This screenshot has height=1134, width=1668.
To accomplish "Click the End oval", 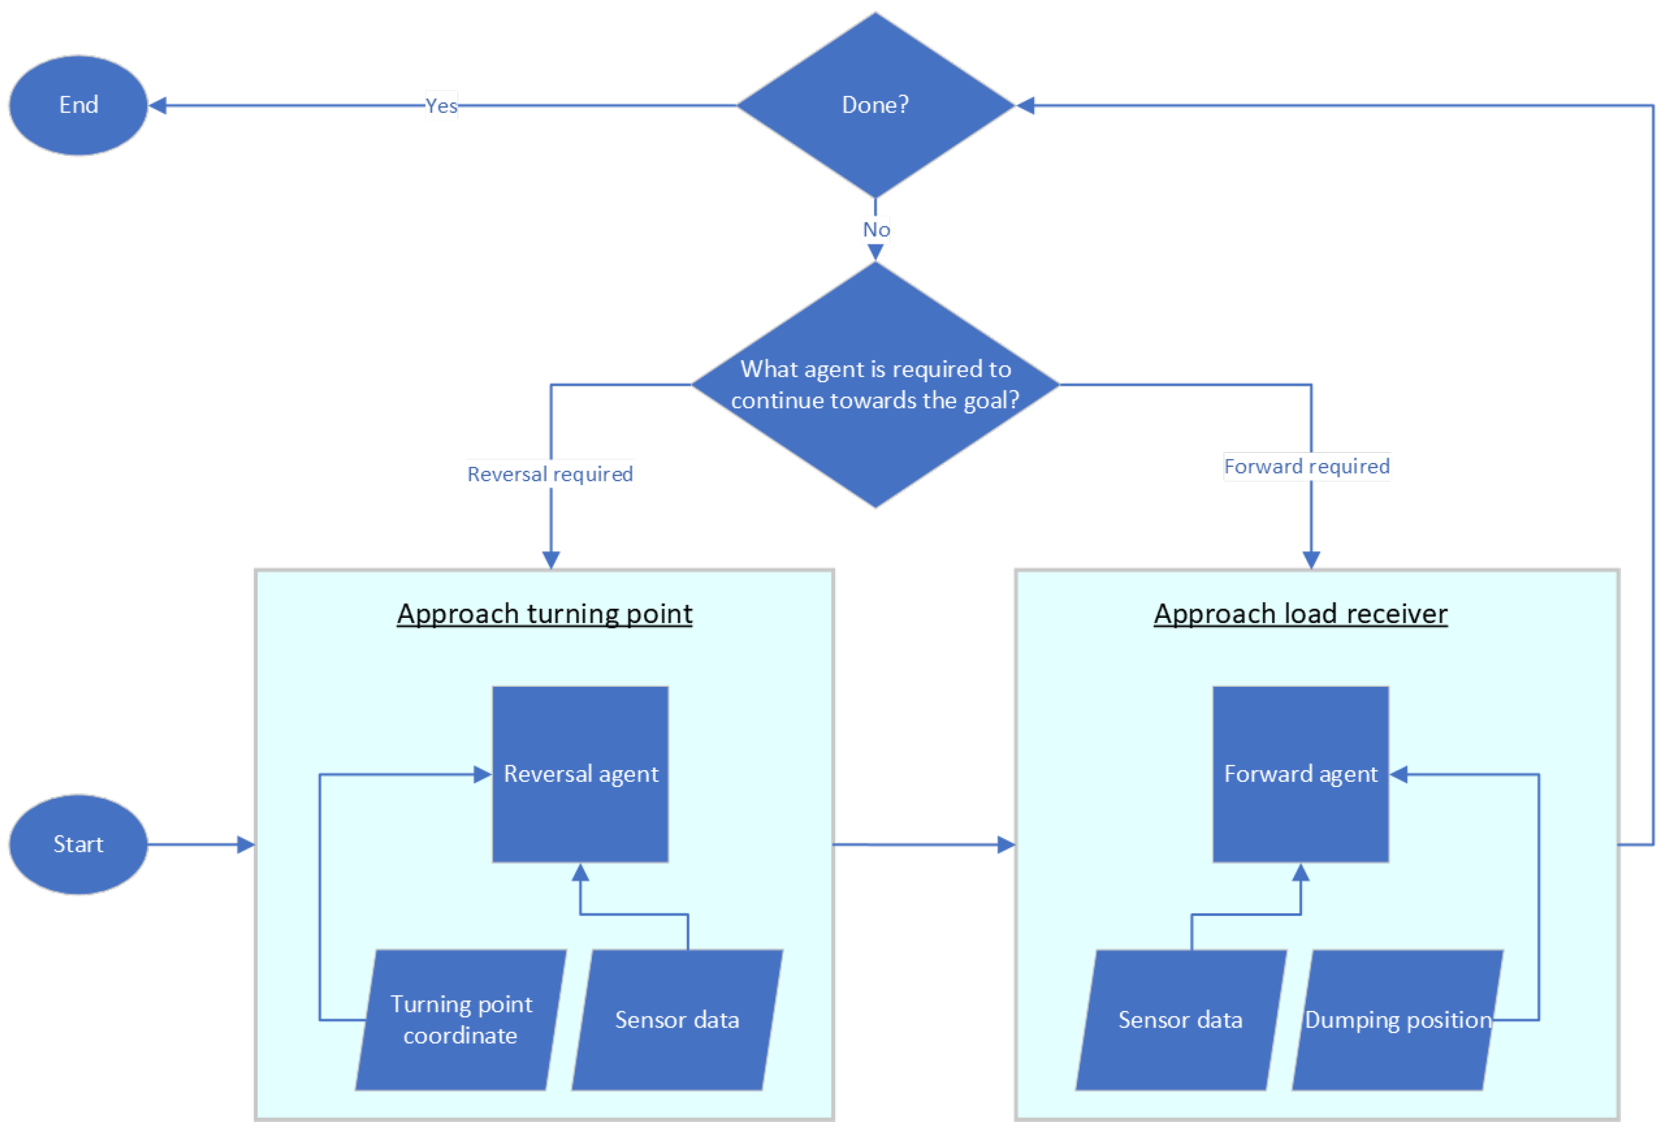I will pos(78,106).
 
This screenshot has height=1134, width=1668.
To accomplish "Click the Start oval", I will pos(78,845).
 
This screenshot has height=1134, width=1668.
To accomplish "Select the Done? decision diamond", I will pos(875,106).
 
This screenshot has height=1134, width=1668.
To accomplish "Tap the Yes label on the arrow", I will pos(441,106).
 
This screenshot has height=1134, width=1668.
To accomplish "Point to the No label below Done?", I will pos(876,230).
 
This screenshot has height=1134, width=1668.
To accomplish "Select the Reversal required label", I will pos(550,474).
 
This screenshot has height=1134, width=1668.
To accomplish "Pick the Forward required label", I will pos(1306,467).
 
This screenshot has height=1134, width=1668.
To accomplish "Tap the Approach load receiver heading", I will pos(1300,614).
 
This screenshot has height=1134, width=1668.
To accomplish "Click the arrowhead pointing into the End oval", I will pos(158,106).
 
